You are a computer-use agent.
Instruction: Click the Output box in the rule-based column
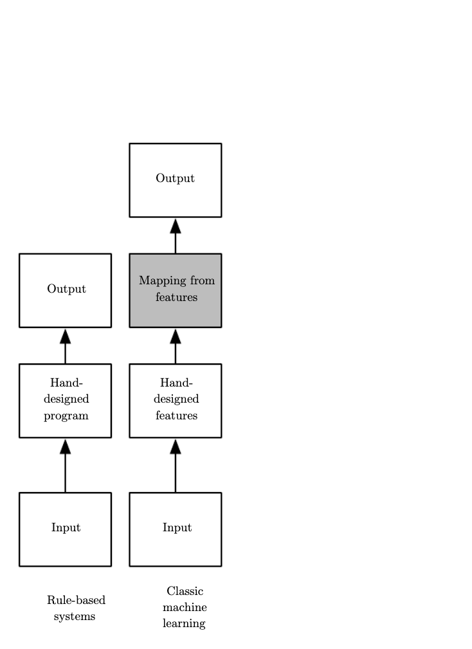[x=65, y=290]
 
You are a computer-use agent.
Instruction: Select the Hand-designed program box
[x=65, y=401]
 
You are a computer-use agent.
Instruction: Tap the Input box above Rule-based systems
[x=65, y=529]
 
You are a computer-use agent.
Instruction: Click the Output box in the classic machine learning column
[x=175, y=180]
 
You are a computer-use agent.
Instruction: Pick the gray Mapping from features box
[x=175, y=290]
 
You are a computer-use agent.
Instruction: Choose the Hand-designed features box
[x=175, y=401]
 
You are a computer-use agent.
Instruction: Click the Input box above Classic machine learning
[x=175, y=529]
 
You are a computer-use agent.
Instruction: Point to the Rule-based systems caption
[x=75, y=608]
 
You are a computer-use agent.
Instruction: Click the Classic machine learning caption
[x=185, y=607]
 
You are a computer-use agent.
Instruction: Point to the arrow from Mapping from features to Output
[x=176, y=235]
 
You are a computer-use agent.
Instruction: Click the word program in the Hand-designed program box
[x=66, y=416]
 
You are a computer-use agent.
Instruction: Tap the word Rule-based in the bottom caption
[x=76, y=600]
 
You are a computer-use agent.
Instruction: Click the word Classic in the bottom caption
[x=185, y=591]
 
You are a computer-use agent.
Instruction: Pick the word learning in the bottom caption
[x=184, y=623]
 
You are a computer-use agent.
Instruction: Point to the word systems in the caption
[x=75, y=616]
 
